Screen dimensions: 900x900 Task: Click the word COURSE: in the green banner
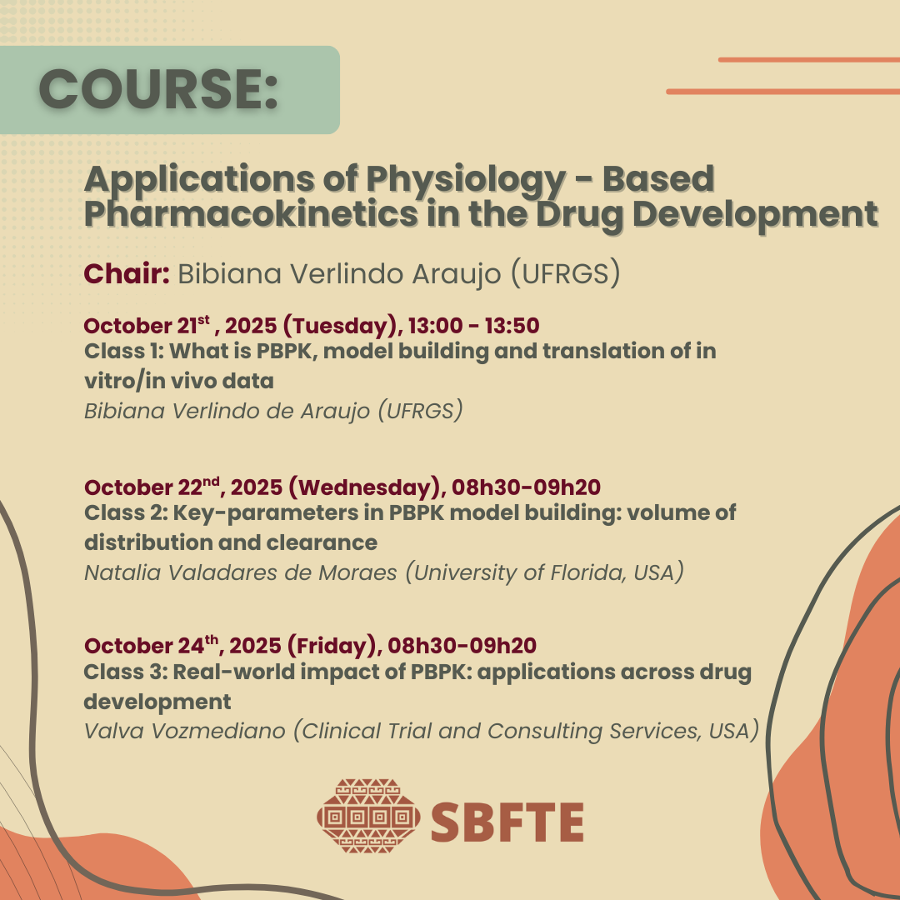click(x=159, y=89)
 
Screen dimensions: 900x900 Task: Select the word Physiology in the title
click(x=467, y=180)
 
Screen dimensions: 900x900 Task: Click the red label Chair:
click(x=127, y=273)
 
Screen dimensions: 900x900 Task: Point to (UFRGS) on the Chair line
click(x=565, y=273)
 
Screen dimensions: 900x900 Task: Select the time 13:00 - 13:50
click(x=473, y=326)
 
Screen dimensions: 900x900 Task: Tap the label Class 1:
click(x=124, y=351)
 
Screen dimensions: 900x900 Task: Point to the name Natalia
click(x=122, y=572)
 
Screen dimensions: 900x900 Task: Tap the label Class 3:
click(x=127, y=672)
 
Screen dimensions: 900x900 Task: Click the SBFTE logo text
click(x=507, y=822)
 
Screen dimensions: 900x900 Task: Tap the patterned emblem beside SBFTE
click(x=368, y=816)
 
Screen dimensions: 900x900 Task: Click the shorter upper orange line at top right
click(x=808, y=60)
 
